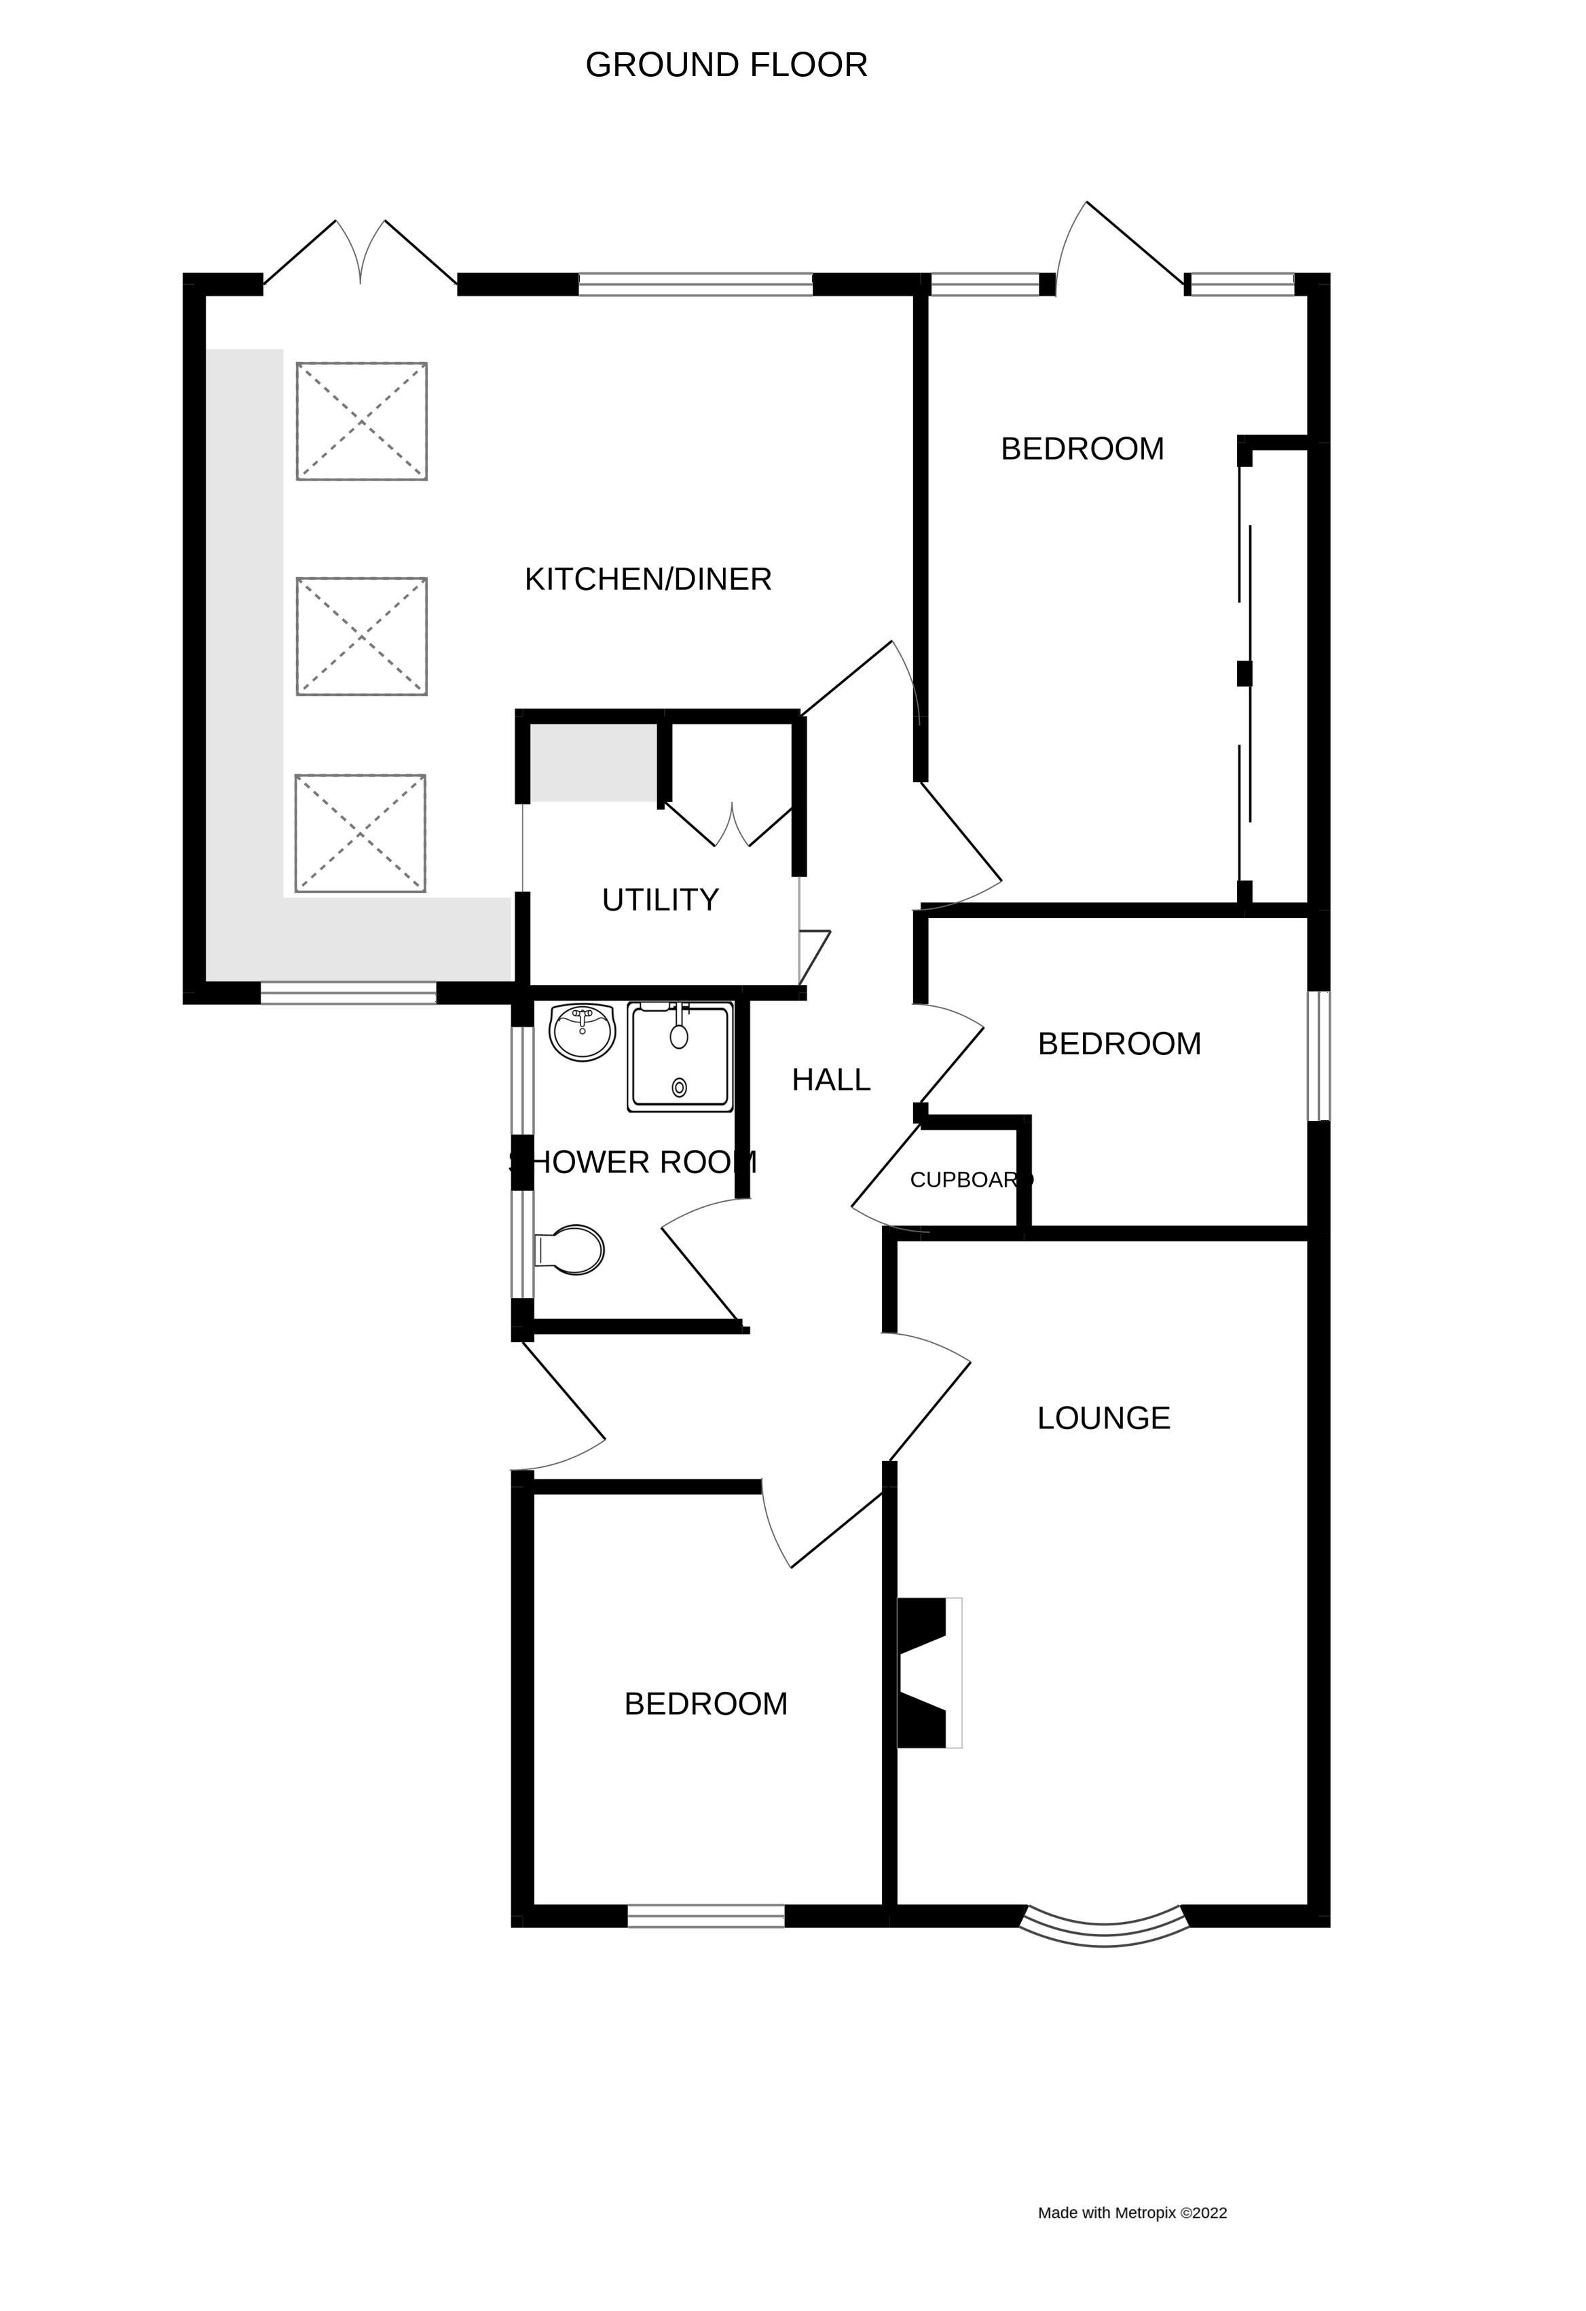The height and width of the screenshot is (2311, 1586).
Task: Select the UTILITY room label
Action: click(659, 900)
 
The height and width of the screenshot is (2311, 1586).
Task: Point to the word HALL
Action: click(830, 1080)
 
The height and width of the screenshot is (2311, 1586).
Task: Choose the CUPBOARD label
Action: click(970, 1181)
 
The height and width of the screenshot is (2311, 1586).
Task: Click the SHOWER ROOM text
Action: click(633, 1162)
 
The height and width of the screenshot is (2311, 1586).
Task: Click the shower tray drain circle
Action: click(679, 1087)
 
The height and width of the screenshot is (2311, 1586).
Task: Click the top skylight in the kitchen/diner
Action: click(361, 422)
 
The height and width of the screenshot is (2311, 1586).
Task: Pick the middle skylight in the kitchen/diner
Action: click(361, 636)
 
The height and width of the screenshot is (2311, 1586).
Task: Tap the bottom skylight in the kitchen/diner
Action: click(360, 833)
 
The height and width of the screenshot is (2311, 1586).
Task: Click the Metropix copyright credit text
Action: click(1132, 2213)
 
